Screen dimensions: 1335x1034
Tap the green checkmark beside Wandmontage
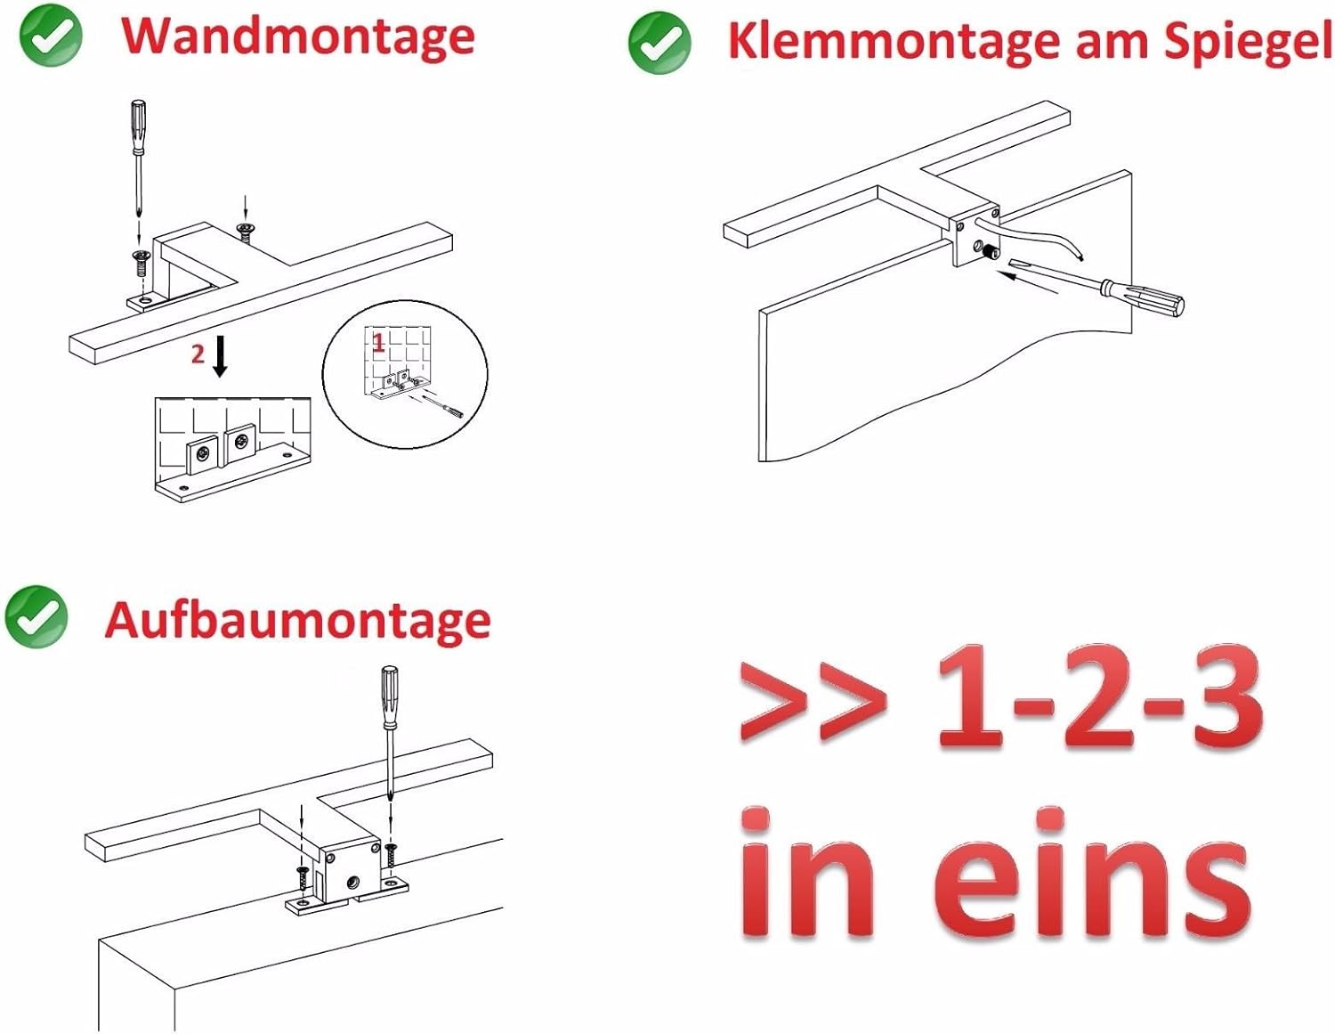[51, 36]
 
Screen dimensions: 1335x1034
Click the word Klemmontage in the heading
[894, 41]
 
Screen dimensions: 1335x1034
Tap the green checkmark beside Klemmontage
[659, 42]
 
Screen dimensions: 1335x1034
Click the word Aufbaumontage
[298, 622]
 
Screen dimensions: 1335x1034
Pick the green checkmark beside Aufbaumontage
[36, 616]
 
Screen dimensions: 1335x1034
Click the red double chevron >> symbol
[813, 702]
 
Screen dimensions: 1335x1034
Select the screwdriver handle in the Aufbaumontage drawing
[390, 696]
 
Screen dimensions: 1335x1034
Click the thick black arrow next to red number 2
[219, 356]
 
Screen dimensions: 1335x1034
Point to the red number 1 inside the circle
[378, 343]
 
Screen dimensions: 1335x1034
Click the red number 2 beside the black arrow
[198, 354]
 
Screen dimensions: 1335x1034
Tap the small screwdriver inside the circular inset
[444, 407]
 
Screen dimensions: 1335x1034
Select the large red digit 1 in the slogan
[969, 696]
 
